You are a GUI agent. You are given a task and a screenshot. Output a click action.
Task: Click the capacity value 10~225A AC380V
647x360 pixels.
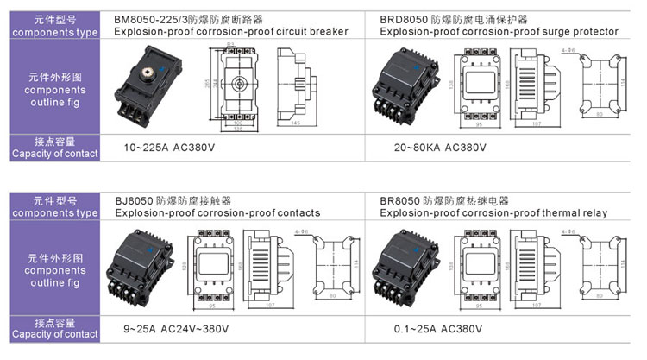pos(169,148)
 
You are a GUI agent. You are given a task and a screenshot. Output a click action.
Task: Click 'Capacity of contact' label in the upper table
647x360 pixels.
pos(54,155)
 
